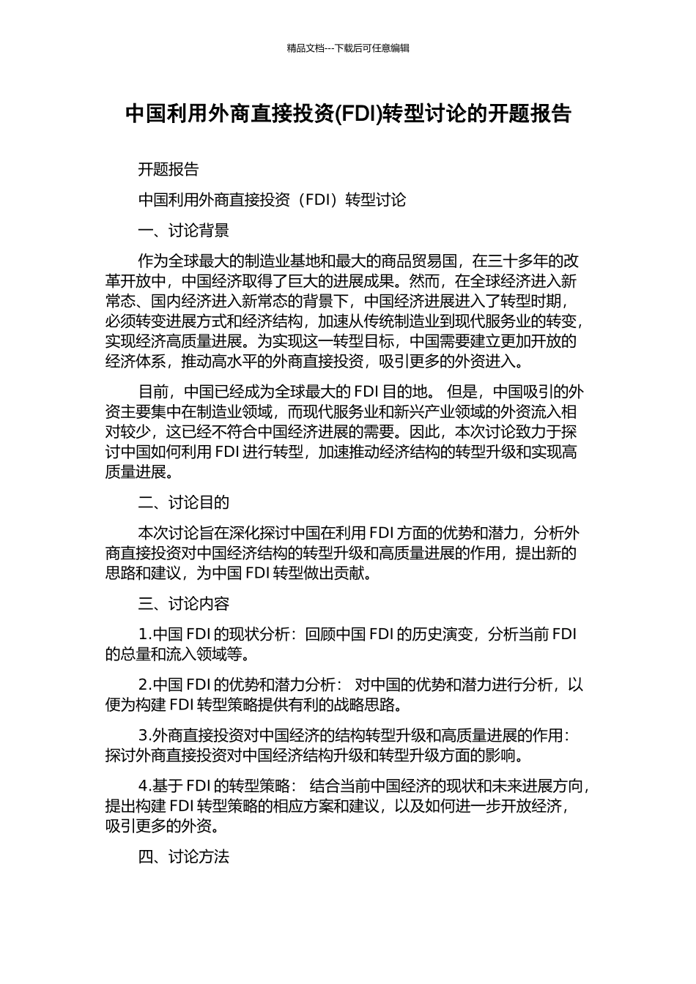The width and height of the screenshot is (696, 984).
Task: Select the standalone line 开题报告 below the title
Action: pyautogui.click(x=169, y=170)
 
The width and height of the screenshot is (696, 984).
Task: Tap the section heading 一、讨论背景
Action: pyautogui.click(x=184, y=231)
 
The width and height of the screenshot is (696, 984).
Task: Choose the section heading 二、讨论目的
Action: pyautogui.click(x=184, y=502)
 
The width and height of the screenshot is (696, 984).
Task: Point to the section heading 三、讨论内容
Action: pyautogui.click(x=184, y=604)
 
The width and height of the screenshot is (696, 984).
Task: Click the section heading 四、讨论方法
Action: pyautogui.click(x=184, y=857)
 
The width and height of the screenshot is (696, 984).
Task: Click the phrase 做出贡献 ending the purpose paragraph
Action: pyautogui.click(x=338, y=573)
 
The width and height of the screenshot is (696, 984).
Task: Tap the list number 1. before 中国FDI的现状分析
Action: pyautogui.click(x=144, y=634)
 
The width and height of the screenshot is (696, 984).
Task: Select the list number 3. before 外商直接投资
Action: pyautogui.click(x=144, y=735)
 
